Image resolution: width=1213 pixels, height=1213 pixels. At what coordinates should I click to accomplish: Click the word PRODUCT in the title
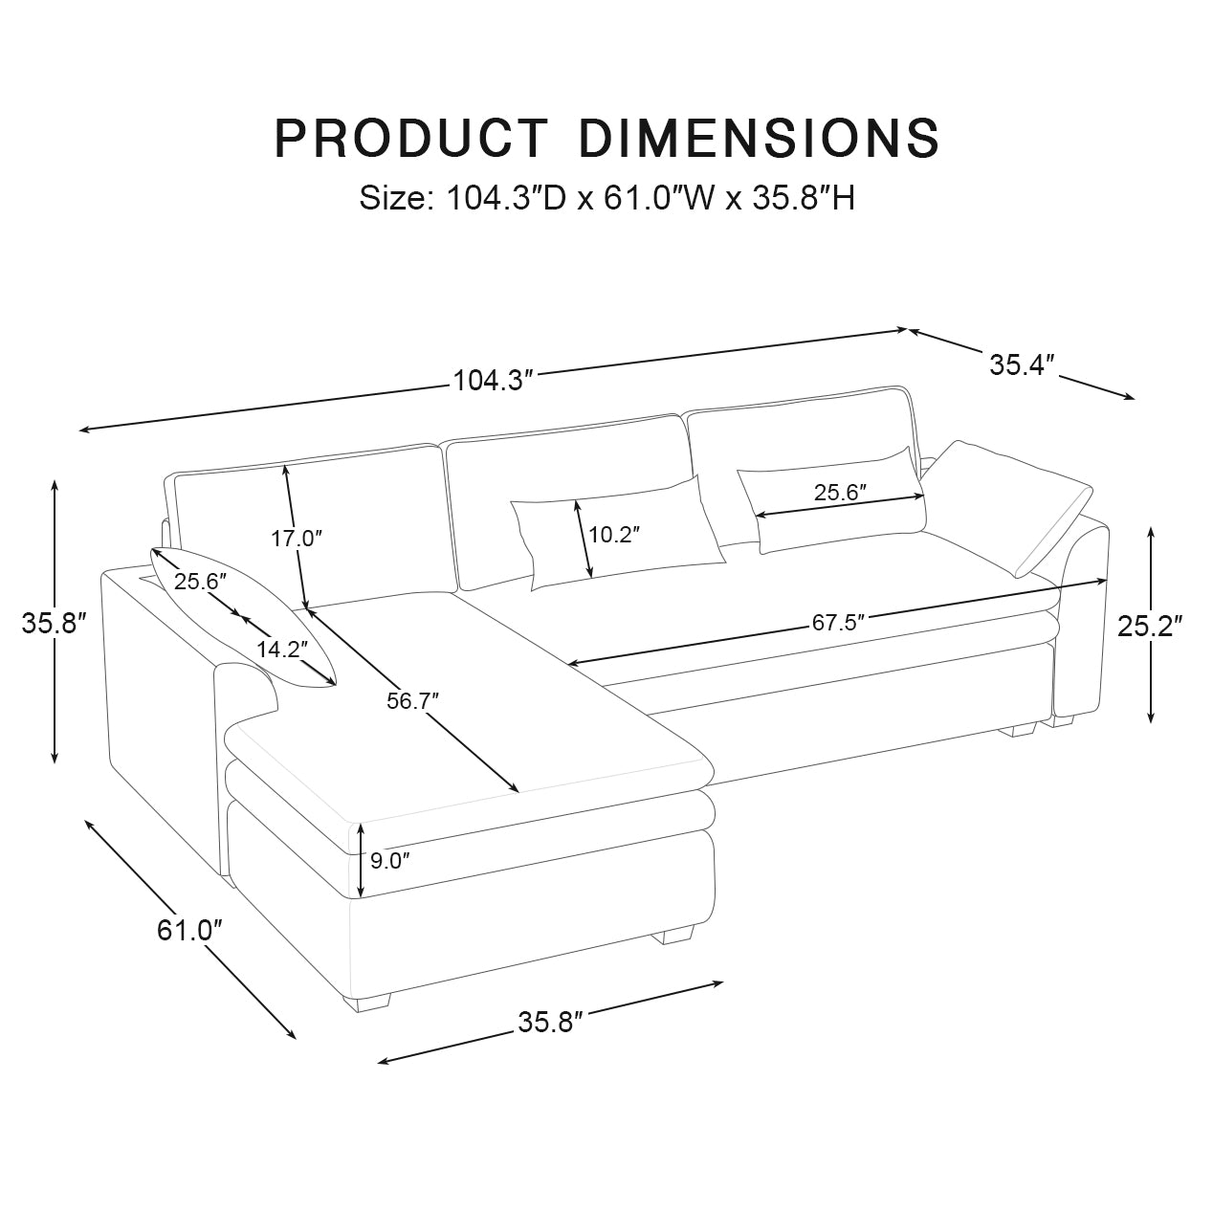pos(411,139)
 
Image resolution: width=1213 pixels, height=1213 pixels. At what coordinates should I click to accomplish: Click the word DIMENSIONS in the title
pos(760,139)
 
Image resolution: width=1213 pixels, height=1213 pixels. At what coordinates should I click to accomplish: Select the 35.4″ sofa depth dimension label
pos(1022,364)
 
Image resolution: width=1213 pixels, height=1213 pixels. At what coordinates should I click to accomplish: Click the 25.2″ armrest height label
pos(1151,626)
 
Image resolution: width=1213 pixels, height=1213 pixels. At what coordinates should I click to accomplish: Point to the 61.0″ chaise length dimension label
pos(189,929)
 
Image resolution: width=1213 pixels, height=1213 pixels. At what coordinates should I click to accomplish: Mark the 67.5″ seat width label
pos(838,623)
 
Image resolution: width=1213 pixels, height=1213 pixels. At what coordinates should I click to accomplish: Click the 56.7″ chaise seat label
pos(412,700)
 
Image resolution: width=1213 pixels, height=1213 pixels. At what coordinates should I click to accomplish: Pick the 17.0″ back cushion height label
pos(296,539)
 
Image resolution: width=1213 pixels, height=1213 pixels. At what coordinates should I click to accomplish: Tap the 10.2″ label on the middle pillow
pos(613,535)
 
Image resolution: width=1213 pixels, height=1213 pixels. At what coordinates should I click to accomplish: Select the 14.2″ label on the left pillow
pos(281,650)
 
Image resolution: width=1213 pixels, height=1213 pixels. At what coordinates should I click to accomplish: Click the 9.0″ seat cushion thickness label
pos(389,861)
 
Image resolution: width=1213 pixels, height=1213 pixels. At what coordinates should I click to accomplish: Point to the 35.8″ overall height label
pos(55,623)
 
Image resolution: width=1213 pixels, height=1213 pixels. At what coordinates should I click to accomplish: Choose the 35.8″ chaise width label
pos(550,1022)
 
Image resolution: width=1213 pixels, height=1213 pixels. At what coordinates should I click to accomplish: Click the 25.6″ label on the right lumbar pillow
pos(840,494)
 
